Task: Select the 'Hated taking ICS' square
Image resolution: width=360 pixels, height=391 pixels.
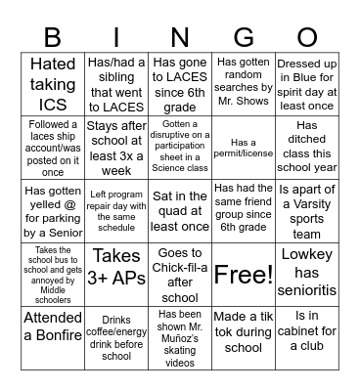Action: coord(54,83)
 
